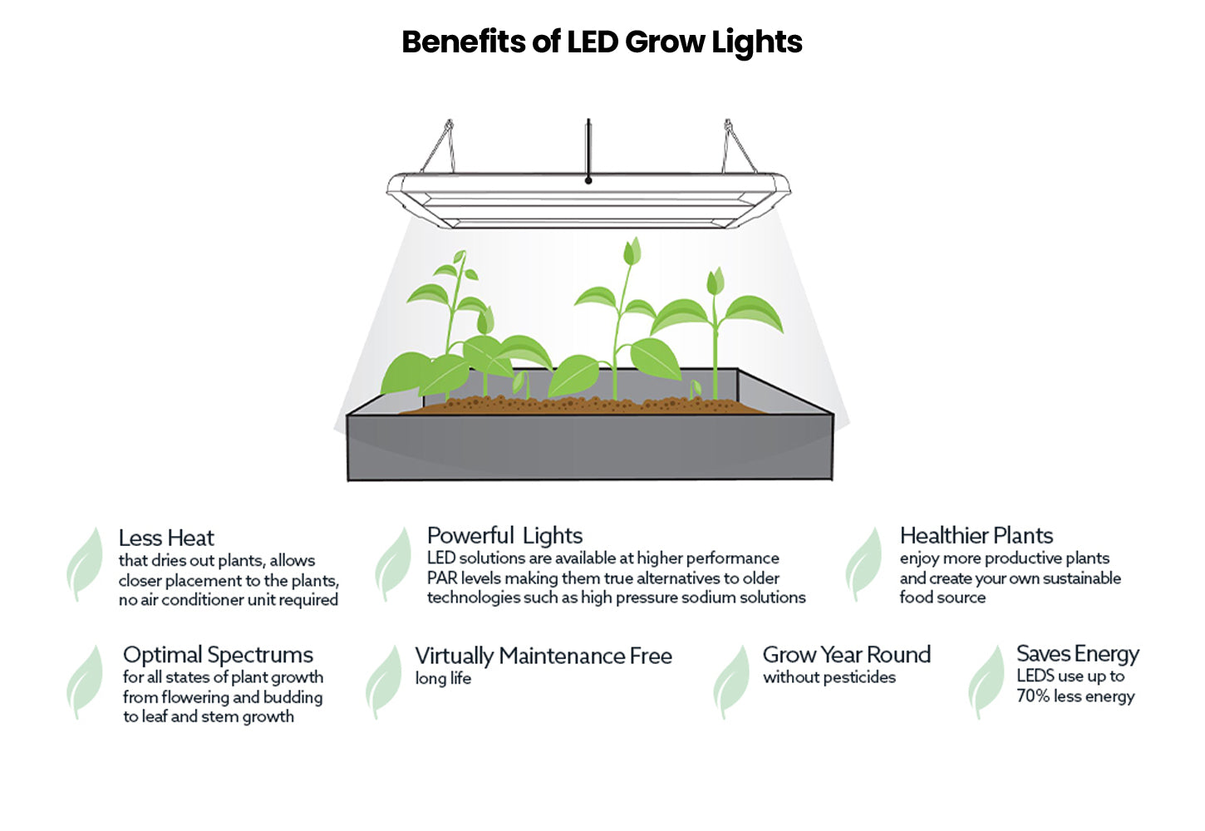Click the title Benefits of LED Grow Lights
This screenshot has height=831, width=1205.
(602, 42)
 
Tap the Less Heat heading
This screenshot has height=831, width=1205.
(166, 538)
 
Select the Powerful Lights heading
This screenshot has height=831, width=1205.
(504, 535)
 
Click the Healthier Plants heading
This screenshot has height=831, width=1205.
(976, 535)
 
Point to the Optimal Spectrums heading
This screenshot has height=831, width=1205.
(218, 655)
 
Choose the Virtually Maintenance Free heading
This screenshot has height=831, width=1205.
(543, 656)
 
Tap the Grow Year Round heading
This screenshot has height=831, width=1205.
(846, 655)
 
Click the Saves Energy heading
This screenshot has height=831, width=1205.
(1077, 654)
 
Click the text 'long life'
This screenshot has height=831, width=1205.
(443, 679)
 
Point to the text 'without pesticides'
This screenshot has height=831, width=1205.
(829, 677)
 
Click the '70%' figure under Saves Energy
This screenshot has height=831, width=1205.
(1033, 696)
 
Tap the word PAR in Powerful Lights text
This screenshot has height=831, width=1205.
(442, 578)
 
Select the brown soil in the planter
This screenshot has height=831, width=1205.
(582, 406)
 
